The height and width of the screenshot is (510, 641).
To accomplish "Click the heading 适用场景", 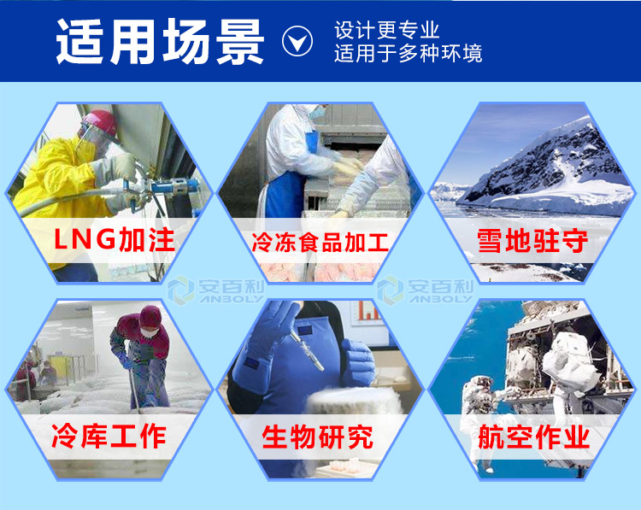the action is pos(160,41).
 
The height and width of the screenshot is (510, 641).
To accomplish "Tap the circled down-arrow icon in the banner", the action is pos(297,41).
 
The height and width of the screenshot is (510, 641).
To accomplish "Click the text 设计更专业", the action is pos(386,30).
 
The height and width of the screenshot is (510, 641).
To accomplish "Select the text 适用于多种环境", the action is pos(408,54).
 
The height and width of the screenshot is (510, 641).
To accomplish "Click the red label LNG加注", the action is pos(115,239).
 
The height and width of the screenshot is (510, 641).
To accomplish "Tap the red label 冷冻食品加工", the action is pos(320,242).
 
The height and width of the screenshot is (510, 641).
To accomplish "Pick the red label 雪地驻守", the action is pos(532,241).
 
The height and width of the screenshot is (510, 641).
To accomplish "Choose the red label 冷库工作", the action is pos(109,436).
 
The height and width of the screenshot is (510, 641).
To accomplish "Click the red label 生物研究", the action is pos(318,437).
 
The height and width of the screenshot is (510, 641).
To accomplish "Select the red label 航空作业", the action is pos(533,437).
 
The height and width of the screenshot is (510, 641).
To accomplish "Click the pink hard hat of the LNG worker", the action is pos(99,121).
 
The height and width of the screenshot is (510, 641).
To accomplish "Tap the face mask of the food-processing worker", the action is pos(317,112).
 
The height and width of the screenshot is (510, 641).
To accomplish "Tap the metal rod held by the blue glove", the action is pos(307,350).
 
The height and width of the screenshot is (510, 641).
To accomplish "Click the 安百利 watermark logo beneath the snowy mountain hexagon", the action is pos(425,290).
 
